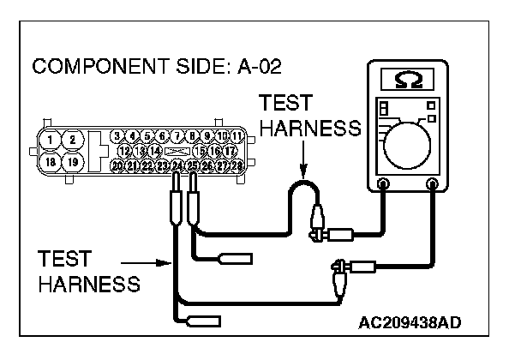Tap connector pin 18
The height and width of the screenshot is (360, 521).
click(53, 160)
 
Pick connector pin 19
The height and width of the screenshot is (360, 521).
click(74, 160)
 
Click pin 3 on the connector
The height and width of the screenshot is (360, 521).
click(118, 136)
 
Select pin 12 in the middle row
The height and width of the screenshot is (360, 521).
click(124, 150)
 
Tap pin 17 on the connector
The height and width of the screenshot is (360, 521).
click(231, 150)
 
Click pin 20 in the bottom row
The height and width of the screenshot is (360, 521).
click(117, 164)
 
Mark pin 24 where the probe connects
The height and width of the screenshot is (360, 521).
click(177, 164)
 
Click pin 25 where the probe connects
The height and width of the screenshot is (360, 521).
click(193, 164)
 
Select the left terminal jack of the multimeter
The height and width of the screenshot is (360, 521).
click(383, 183)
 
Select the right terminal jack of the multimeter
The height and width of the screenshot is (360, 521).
click(433, 183)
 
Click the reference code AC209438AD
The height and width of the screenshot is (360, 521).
click(412, 322)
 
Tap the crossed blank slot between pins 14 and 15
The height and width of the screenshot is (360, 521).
click(177, 150)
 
